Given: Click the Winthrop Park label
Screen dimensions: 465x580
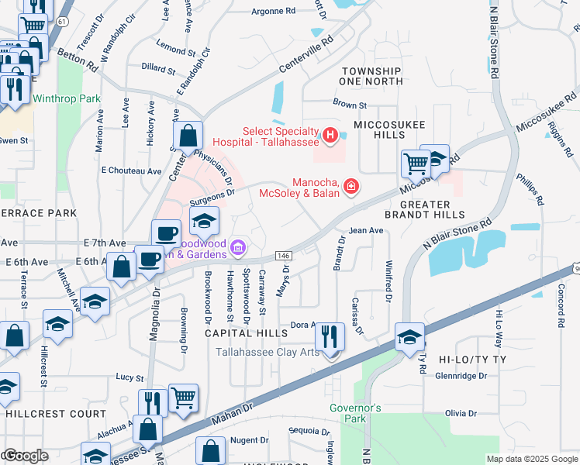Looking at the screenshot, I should [67, 99].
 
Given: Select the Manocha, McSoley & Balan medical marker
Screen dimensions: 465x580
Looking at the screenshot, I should [351, 187].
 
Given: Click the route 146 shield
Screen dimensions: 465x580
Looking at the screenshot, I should [282, 255].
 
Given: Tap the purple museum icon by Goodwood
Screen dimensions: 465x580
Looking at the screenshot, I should [238, 248].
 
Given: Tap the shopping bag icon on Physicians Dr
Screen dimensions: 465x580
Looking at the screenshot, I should [188, 137].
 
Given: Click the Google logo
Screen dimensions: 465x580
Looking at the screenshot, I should [25, 455].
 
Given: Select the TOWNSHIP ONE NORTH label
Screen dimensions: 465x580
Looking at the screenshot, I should [371, 77].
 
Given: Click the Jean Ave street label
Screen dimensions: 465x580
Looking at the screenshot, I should [366, 230].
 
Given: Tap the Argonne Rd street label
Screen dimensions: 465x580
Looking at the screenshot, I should [274, 12].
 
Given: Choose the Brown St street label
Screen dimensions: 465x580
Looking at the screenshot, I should [349, 105].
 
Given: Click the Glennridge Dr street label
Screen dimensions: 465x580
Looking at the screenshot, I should [461, 376].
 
